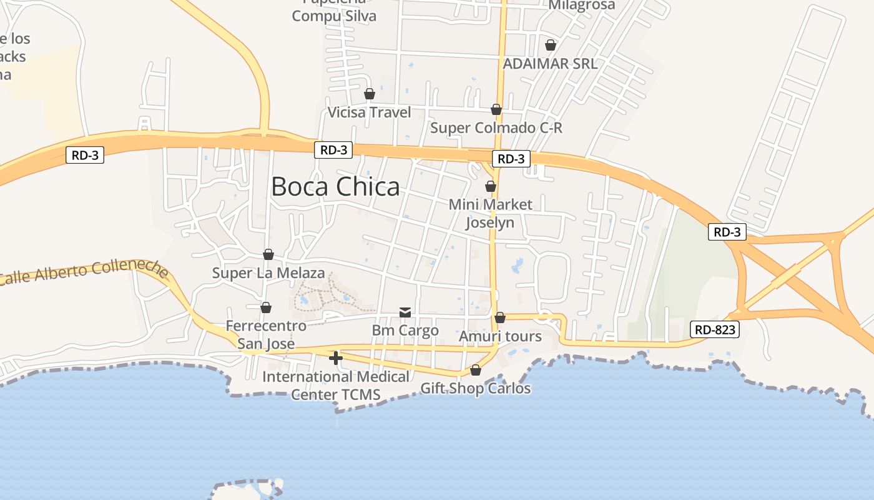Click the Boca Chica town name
pos(335,187)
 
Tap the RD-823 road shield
pos(715,329)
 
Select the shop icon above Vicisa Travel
pos(370,94)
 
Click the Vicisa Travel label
pos(370,112)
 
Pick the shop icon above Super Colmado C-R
pos(496,109)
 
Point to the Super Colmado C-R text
pos(496,128)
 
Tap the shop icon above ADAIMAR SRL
pos(551,45)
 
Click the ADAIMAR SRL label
pos(550,64)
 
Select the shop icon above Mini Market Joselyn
pos(491,186)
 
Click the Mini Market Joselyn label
pos(491,213)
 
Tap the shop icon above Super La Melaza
pos(268,254)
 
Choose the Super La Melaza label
pos(268,273)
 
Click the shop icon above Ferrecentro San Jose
pos(266,307)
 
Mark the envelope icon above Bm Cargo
pos(405,312)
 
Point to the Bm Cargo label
pos(405,331)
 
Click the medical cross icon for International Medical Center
pos(336,358)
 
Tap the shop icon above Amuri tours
pos(500,317)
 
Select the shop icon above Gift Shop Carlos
pos(476,370)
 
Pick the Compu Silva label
pos(334,16)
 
